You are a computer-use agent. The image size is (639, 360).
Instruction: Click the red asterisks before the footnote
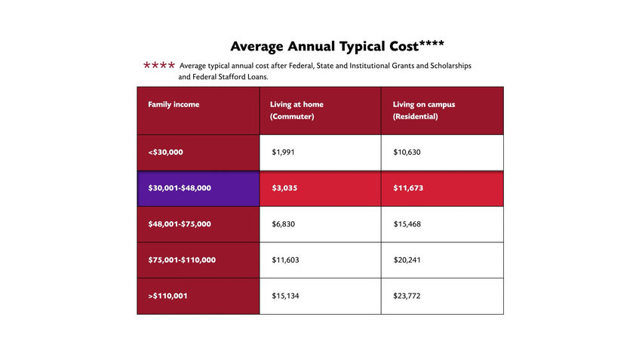pyautogui.click(x=159, y=66)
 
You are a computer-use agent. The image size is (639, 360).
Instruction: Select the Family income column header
pyautogui.click(x=174, y=104)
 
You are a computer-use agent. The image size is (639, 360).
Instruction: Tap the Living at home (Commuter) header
pyautogui.click(x=296, y=110)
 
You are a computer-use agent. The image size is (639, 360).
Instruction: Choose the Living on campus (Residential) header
pyautogui.click(x=424, y=110)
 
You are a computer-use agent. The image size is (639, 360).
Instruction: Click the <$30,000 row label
pyautogui.click(x=166, y=152)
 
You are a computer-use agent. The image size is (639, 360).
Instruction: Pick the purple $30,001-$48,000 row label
pyautogui.click(x=180, y=188)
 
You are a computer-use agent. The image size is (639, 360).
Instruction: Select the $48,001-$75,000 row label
pyautogui.click(x=180, y=224)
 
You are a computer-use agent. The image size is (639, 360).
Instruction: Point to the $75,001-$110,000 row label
pyautogui.click(x=182, y=260)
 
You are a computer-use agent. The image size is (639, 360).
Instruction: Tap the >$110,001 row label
pyautogui.click(x=168, y=296)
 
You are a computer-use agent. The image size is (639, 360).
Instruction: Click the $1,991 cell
pyautogui.click(x=284, y=152)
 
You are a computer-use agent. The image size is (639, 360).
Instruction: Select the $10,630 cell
pyautogui.click(x=407, y=152)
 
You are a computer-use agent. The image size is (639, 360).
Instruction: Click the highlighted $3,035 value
pyautogui.click(x=284, y=188)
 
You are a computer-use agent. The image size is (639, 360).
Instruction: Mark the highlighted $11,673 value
pyautogui.click(x=409, y=188)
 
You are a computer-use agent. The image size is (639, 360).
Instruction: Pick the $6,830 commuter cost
pyautogui.click(x=284, y=224)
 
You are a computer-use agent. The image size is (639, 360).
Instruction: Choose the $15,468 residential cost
pyautogui.click(x=407, y=224)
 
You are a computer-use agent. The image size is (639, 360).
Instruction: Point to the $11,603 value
pyautogui.click(x=285, y=260)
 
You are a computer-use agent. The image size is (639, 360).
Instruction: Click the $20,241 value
pyautogui.click(x=407, y=260)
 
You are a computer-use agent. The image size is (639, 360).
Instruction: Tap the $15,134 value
pyautogui.click(x=285, y=296)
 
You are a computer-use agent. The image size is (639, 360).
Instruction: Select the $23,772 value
pyautogui.click(x=407, y=296)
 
